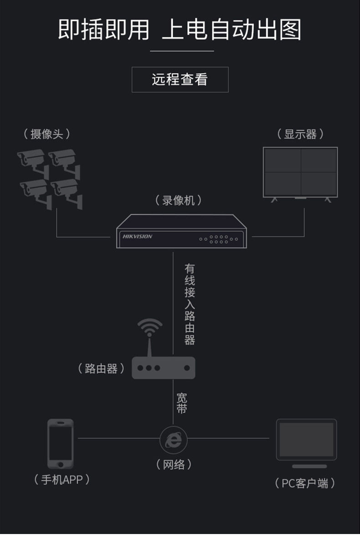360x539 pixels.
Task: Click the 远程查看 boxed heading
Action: [x=180, y=80]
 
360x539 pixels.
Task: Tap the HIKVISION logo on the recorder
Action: [x=137, y=236]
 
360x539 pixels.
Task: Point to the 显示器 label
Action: [x=300, y=134]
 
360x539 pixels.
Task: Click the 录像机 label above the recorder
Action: [x=179, y=200]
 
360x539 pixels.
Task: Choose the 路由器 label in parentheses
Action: [x=102, y=368]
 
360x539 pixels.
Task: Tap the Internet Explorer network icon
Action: [x=173, y=439]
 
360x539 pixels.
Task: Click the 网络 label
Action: [x=174, y=465]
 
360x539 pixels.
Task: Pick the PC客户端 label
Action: [x=305, y=483]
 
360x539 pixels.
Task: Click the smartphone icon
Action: [x=60, y=443]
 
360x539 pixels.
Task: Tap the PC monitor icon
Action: [x=306, y=440]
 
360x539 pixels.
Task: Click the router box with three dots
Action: [x=163, y=368]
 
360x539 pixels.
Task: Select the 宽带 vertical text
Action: [x=181, y=403]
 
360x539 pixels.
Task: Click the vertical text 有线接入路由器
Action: [x=190, y=304]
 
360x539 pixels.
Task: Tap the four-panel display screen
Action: [x=300, y=172]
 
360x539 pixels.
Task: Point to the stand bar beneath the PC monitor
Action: [x=309, y=466]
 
